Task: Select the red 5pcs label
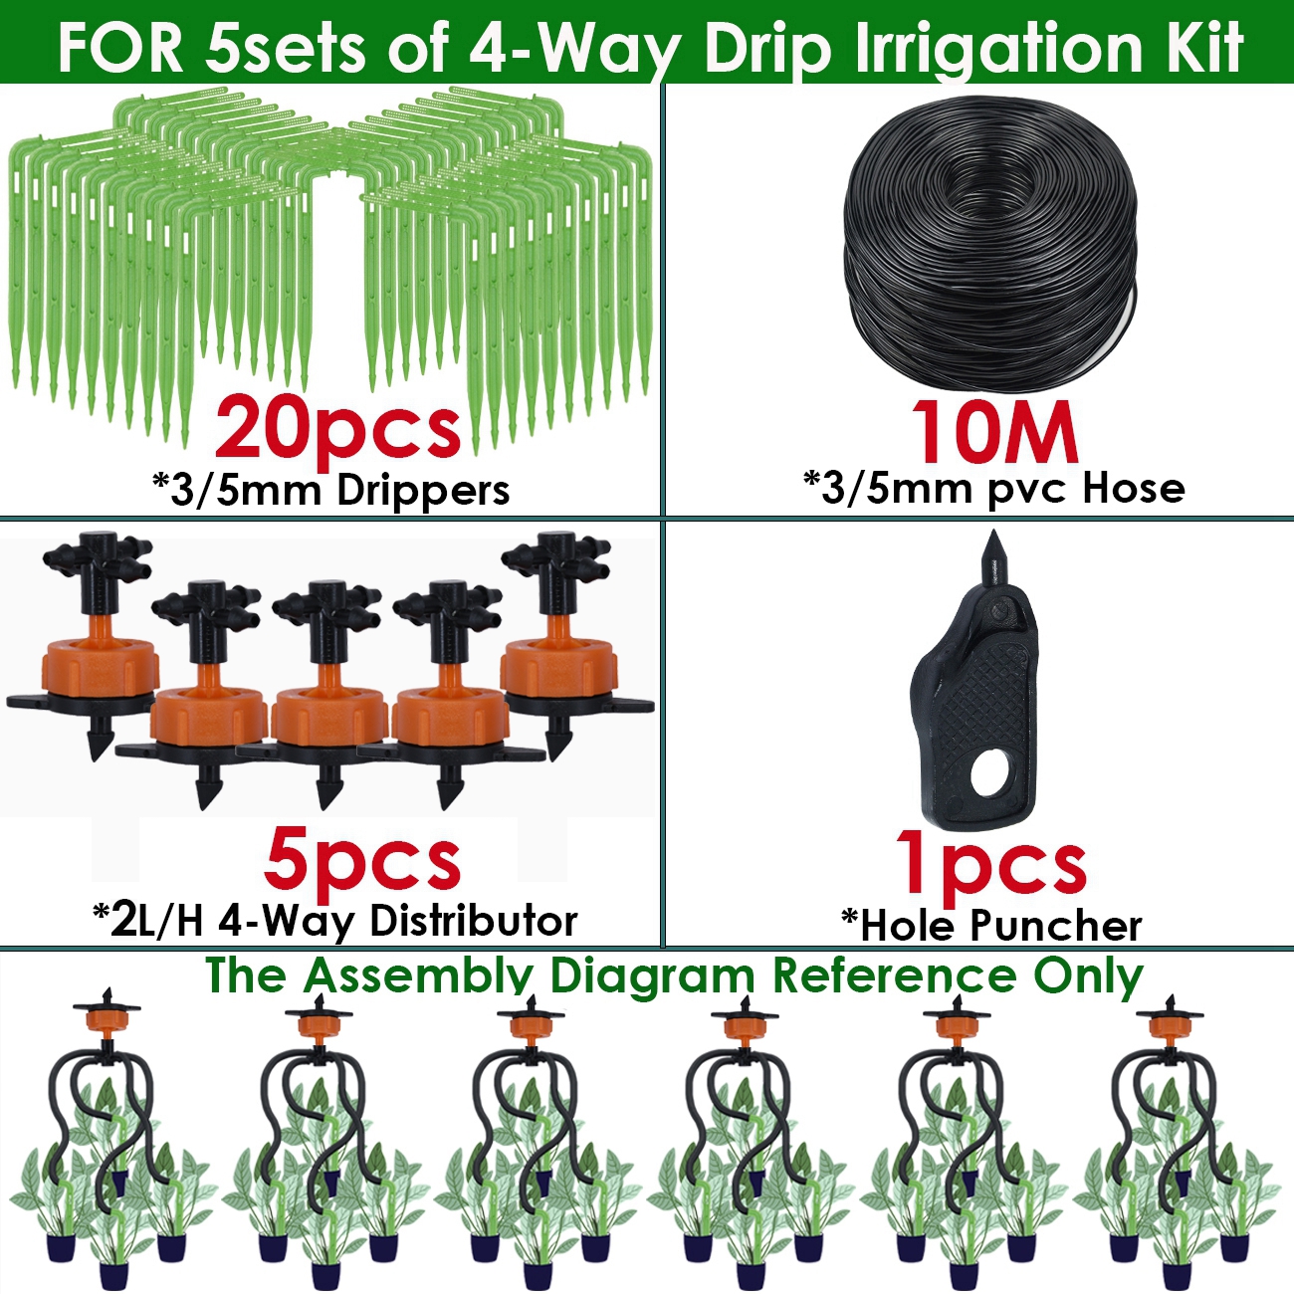pos(362,861)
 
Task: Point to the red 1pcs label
pos(990,863)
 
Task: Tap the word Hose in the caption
pos(1134,488)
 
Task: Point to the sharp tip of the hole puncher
pos(992,539)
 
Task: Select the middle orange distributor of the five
pos(323,709)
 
